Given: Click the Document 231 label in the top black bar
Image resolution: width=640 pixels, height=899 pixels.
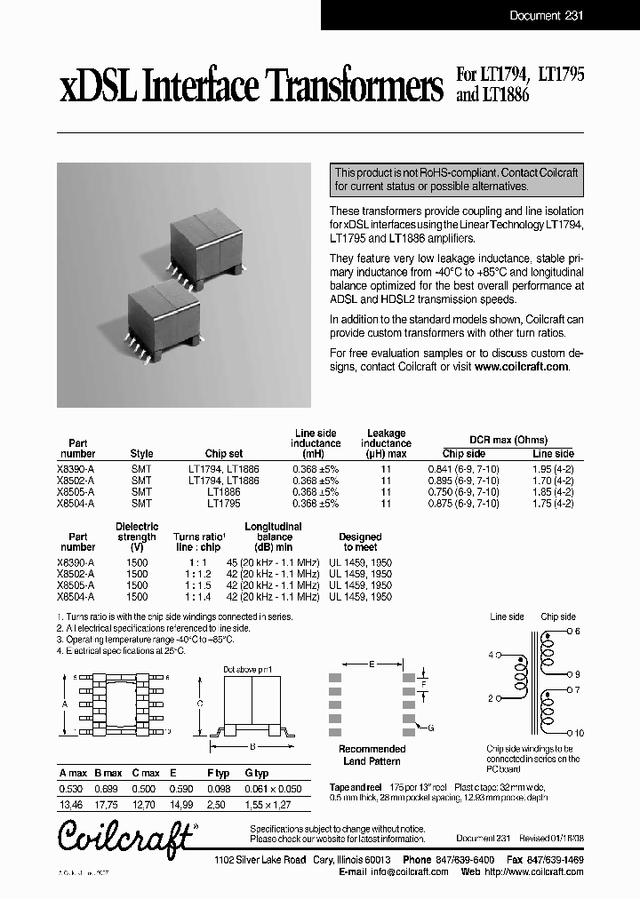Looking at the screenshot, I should (x=546, y=15).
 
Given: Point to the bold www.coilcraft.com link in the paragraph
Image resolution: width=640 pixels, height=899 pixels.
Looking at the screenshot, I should (x=521, y=366).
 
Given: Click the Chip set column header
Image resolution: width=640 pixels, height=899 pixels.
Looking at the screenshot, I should (x=224, y=454).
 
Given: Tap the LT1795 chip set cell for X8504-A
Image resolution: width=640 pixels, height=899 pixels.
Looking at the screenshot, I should (x=224, y=503).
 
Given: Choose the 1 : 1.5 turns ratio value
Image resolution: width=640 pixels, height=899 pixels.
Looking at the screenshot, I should (x=199, y=585).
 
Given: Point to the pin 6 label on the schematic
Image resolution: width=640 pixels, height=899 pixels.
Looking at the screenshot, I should (x=576, y=631).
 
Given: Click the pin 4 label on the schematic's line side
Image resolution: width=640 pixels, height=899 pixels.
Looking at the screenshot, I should (x=490, y=655).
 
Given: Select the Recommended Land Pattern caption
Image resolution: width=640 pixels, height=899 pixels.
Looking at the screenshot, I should (x=372, y=755).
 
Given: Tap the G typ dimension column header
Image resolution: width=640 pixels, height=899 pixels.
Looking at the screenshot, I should (x=256, y=774).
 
